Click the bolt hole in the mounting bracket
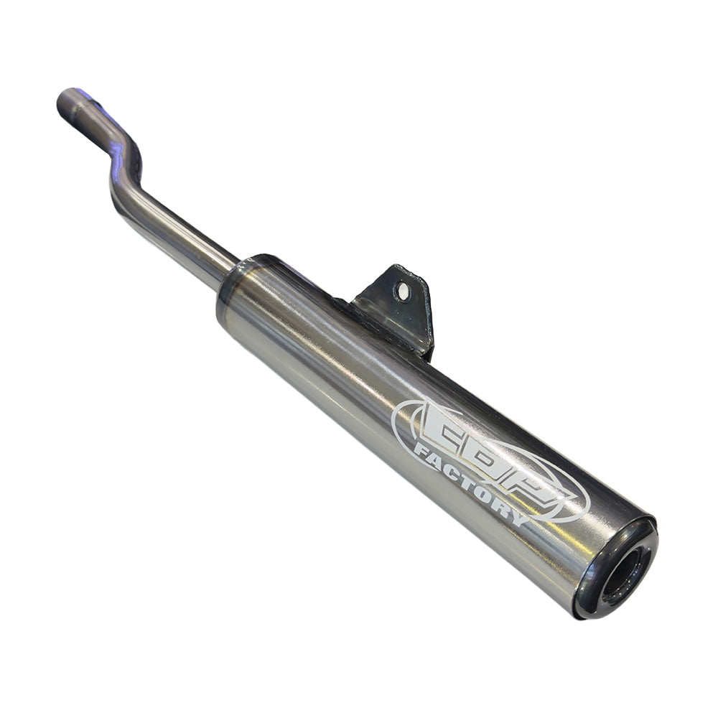click(x=403, y=292)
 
